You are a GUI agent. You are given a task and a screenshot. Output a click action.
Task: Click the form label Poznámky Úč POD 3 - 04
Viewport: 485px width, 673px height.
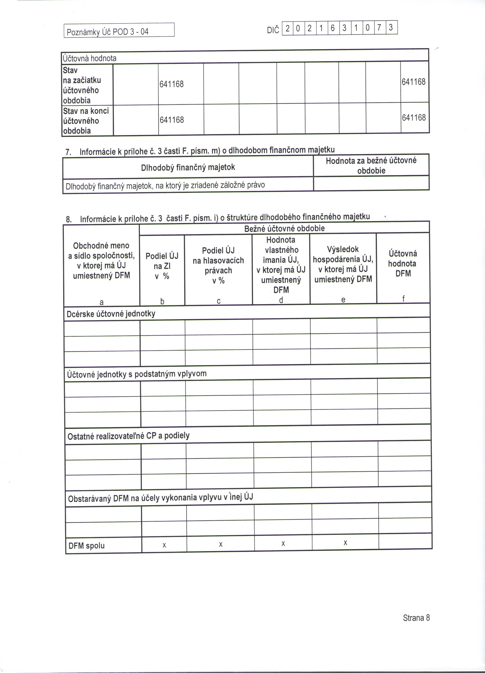[107, 32]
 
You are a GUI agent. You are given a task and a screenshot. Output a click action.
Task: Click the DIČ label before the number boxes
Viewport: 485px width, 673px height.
[273, 30]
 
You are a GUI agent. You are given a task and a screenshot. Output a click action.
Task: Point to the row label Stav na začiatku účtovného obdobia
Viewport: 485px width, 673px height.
[82, 85]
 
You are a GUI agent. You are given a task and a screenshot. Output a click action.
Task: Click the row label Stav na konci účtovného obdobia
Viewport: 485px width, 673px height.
[86, 121]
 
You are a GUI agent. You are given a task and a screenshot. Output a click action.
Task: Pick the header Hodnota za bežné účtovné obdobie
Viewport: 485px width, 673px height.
[371, 166]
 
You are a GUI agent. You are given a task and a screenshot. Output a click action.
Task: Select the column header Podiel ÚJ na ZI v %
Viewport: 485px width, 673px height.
[162, 266]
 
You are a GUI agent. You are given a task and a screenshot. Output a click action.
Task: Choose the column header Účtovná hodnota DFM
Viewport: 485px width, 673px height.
[403, 263]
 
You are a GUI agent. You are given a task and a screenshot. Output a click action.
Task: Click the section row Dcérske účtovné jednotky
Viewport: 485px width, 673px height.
[111, 314]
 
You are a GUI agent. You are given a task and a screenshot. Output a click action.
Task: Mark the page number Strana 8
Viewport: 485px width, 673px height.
[416, 618]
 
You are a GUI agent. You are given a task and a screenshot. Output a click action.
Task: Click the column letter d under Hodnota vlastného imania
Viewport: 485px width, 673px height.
[281, 300]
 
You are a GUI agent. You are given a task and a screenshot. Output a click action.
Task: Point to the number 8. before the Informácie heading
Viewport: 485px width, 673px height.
[68, 220]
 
